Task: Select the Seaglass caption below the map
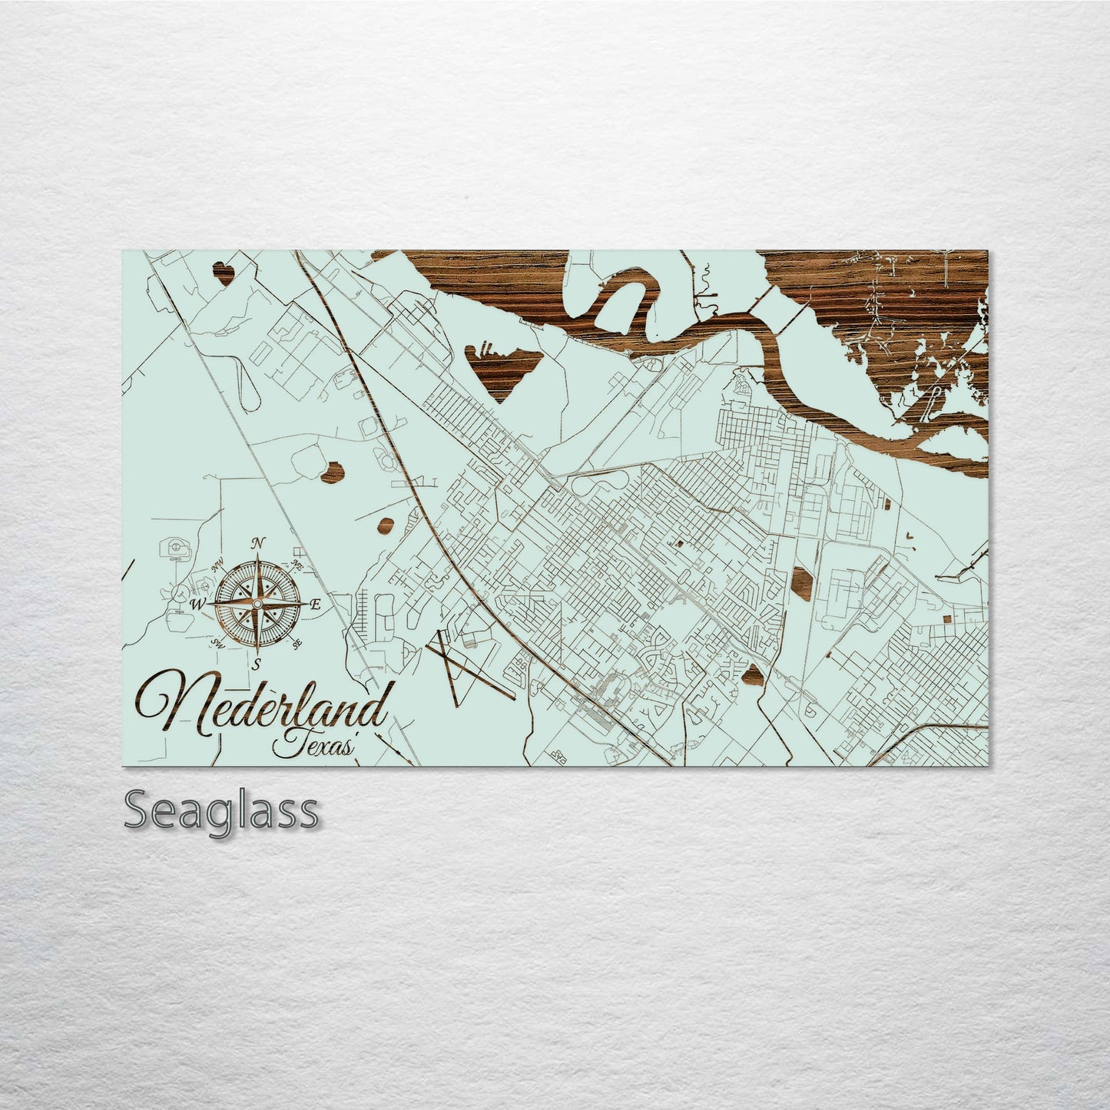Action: pyautogui.click(x=220, y=810)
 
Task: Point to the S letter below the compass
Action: pyautogui.click(x=258, y=663)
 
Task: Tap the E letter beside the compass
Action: pyautogui.click(x=315, y=605)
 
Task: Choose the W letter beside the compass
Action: pyautogui.click(x=198, y=605)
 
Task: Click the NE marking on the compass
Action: pyautogui.click(x=297, y=565)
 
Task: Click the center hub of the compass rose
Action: pyautogui.click(x=257, y=604)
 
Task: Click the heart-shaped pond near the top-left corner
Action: pyautogui.click(x=223, y=273)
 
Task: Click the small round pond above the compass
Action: pyautogui.click(x=332, y=472)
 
